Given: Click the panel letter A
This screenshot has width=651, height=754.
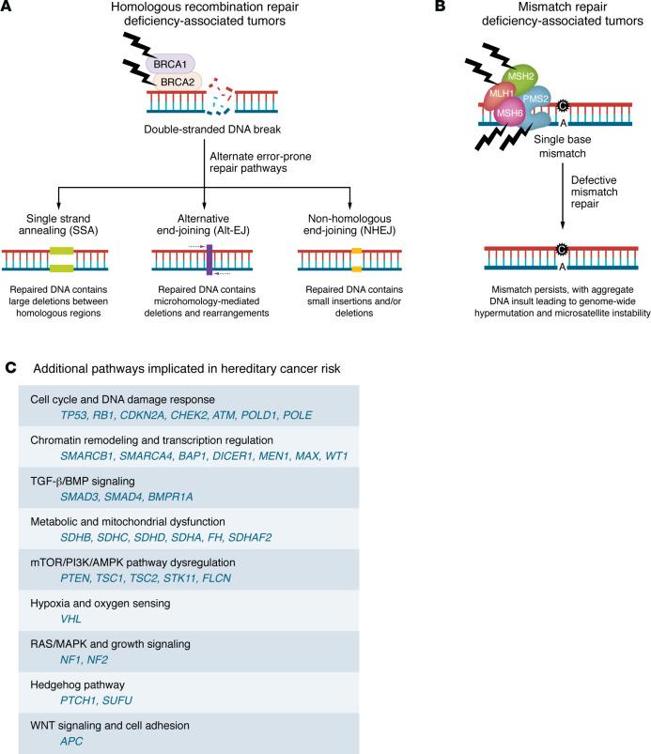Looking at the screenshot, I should [8, 9].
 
